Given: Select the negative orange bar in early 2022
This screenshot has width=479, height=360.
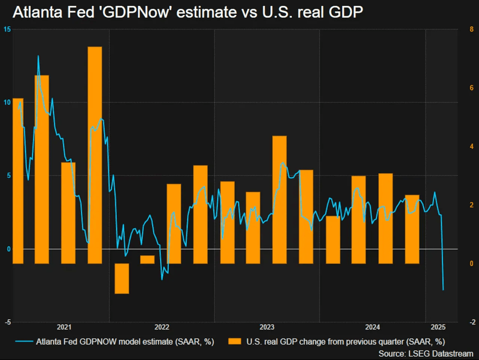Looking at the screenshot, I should pyautogui.click(x=122, y=278).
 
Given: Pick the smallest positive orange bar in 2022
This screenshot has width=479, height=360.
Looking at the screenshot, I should pyautogui.click(x=147, y=259).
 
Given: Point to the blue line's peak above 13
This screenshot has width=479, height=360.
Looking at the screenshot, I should pyautogui.click(x=38, y=57).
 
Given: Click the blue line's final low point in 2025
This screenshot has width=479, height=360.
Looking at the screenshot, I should pyautogui.click(x=443, y=289).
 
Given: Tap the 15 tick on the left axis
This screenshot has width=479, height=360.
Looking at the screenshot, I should pyautogui.click(x=7, y=29).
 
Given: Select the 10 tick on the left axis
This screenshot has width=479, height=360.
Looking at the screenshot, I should pyautogui.click(x=7, y=103).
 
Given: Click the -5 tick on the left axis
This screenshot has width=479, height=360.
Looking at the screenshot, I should pyautogui.click(x=7, y=322).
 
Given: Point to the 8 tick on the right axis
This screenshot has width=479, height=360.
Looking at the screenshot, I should pyautogui.click(x=472, y=29).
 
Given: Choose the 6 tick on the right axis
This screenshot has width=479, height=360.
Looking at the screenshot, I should pyautogui.click(x=472, y=88).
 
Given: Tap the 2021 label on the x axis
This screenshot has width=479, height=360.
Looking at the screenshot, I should pyautogui.click(x=64, y=327).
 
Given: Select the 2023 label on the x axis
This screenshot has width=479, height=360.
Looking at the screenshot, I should pyautogui.click(x=267, y=327).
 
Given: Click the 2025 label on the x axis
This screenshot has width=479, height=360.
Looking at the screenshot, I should pyautogui.click(x=438, y=327).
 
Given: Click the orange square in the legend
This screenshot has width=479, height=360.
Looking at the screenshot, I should pyautogui.click(x=235, y=341).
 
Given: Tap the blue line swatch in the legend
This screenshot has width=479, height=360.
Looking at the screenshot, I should pyautogui.click(x=24, y=341).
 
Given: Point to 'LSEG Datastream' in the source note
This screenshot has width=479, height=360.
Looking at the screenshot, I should pyautogui.click(x=441, y=353).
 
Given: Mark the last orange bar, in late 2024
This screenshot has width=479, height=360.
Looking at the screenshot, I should pyautogui.click(x=412, y=229).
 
